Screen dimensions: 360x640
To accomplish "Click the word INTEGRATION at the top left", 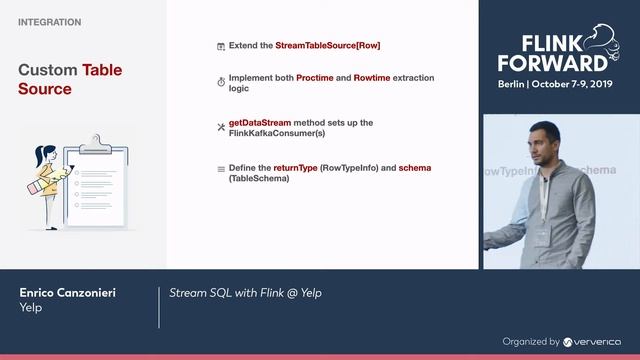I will pos(50,21).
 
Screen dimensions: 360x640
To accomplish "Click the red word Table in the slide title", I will pos(102,71).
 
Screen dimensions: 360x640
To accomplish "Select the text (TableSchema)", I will pos(259,178).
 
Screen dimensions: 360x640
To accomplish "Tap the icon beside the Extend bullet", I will pos(221,47).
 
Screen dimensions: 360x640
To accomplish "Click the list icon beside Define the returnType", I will pos(221,169).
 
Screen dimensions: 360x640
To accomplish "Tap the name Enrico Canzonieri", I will pos(68,292).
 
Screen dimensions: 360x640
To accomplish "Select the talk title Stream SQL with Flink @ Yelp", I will pos(245,292).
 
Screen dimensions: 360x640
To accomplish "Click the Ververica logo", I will pos(592,341).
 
